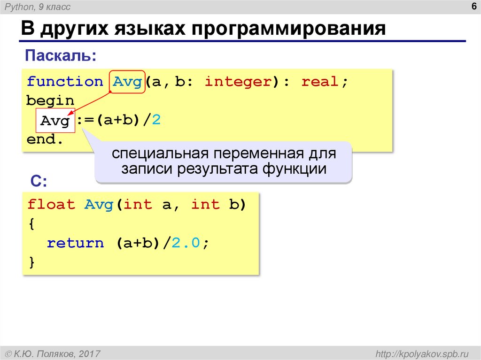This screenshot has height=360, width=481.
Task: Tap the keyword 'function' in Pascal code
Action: [64, 82]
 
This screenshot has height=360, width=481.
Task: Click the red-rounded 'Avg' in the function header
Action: [127, 82]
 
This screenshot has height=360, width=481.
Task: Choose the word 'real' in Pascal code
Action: [320, 82]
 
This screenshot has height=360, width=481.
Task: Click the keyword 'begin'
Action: [50, 101]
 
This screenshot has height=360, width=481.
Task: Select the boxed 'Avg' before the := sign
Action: [55, 121]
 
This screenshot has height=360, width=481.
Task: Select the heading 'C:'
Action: [39, 182]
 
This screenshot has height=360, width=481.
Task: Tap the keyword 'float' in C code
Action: [51, 205]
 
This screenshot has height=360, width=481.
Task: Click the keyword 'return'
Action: [75, 243]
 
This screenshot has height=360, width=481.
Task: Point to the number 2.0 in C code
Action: [186, 243]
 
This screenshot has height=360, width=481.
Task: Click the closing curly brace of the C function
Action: [31, 262]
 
